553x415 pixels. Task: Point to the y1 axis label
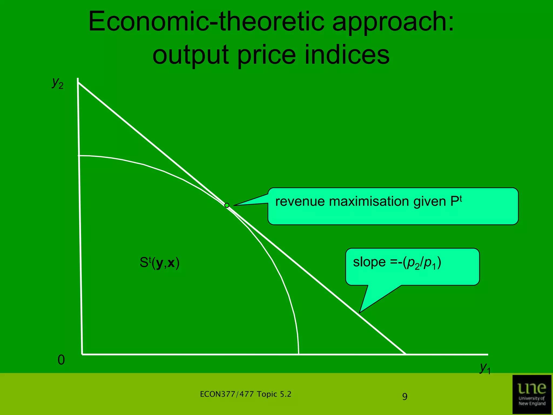point(485,368)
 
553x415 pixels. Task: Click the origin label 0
point(61,360)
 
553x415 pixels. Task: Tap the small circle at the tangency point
point(227,205)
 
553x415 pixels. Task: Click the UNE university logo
point(532,394)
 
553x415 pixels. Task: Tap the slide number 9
point(405,397)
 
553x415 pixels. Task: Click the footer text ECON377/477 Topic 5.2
point(245,394)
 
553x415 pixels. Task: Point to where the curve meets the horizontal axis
point(298,354)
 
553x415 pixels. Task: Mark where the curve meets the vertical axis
point(79,156)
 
